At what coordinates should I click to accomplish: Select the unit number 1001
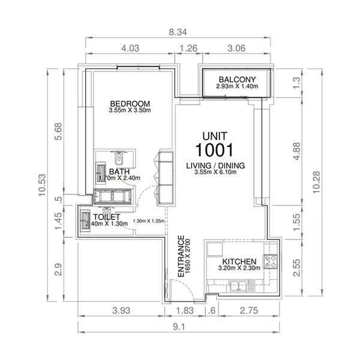tap(214, 149)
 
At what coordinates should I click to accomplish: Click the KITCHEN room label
tap(239, 262)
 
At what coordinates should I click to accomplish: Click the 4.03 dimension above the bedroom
tap(130, 49)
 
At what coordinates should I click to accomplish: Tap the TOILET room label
tap(106, 217)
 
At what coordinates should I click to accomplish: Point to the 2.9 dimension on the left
tap(58, 269)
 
